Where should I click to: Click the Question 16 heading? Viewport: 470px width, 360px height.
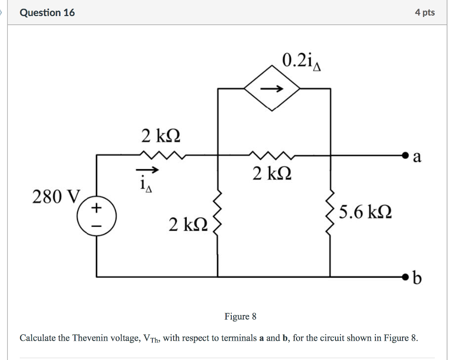click(x=47, y=12)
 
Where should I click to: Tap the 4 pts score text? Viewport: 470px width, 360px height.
click(x=425, y=12)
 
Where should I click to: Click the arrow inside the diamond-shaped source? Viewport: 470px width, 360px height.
click(x=272, y=90)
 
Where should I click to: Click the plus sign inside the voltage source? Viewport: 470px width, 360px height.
click(x=96, y=208)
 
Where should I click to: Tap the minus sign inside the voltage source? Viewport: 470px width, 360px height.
click(x=96, y=226)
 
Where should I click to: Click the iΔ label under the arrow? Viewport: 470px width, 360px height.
click(x=146, y=186)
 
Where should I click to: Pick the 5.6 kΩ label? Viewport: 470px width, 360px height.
click(x=365, y=213)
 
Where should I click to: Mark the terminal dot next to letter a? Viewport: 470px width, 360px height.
click(x=404, y=156)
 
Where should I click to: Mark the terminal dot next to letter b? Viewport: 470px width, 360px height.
click(x=404, y=277)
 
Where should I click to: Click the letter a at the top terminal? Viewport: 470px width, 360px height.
click(x=417, y=157)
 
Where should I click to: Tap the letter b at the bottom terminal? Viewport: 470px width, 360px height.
click(x=417, y=278)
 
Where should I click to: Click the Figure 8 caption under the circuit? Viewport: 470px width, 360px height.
click(x=240, y=316)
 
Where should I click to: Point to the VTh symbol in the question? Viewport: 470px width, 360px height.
click(x=151, y=339)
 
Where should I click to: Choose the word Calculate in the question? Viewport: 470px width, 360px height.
click(x=38, y=338)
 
